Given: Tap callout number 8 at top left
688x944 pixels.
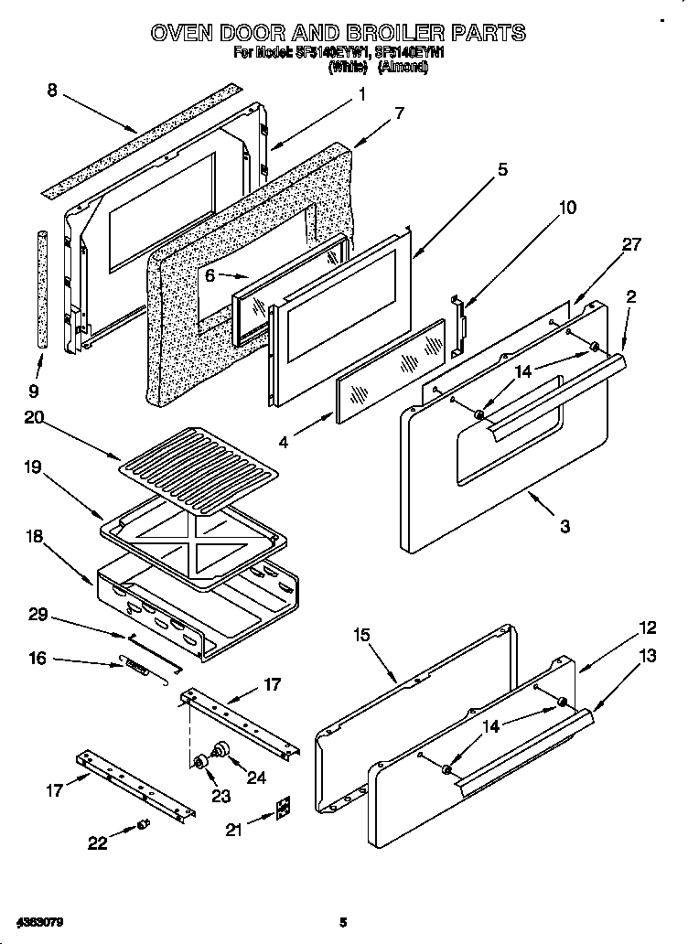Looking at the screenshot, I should pos(51,90).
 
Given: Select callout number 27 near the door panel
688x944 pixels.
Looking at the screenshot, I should pos(631,244).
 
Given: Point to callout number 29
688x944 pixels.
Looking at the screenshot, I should pos(38,615).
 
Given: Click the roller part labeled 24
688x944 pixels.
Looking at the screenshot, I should pos(220,750).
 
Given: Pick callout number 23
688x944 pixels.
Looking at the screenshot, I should pos(220,795).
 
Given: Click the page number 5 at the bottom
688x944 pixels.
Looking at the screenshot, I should pos(343,922).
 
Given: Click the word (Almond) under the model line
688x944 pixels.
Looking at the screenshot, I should pos(403,67).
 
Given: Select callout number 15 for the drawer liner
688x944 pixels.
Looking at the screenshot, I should pos(361,634).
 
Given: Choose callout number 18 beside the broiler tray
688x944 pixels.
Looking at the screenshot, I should pos(38,537).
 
